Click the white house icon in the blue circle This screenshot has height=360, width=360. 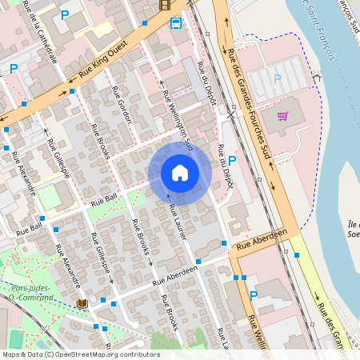(x=180, y=173)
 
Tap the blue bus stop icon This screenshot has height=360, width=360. (x=176, y=22)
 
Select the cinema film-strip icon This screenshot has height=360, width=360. (x=165, y=5)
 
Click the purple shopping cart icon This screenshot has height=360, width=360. (x=282, y=116)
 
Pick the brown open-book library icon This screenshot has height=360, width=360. (x=82, y=303)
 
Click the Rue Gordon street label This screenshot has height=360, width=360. (x=124, y=105)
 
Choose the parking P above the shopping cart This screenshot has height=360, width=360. (x=278, y=78)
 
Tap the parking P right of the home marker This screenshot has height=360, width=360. (x=232, y=161)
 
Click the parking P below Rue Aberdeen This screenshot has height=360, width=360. (x=254, y=296)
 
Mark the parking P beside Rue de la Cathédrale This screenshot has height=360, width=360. (x=66, y=15)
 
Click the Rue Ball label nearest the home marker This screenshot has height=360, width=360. (x=105, y=198)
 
